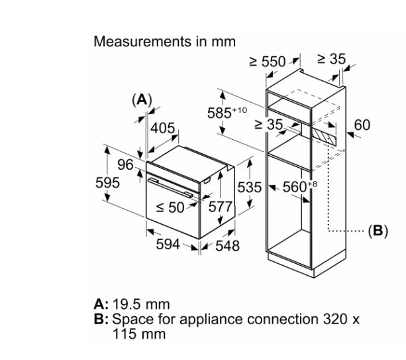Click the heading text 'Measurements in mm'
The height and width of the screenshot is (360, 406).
pyautogui.click(x=164, y=42)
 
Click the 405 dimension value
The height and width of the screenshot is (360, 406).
pyautogui.click(x=163, y=128)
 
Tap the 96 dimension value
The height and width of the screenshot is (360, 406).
pyautogui.click(x=125, y=164)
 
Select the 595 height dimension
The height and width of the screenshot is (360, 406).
pyautogui.click(x=107, y=182)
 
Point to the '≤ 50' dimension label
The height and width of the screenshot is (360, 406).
pyautogui.click(x=170, y=208)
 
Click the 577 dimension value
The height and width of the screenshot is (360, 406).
pyautogui.click(x=220, y=207)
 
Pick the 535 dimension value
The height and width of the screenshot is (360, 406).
pyautogui.click(x=249, y=187)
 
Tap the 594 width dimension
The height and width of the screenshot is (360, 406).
pyautogui.click(x=168, y=244)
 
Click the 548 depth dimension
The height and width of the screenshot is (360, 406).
pyautogui.click(x=227, y=246)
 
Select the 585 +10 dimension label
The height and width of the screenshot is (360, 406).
pyautogui.click(x=227, y=113)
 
